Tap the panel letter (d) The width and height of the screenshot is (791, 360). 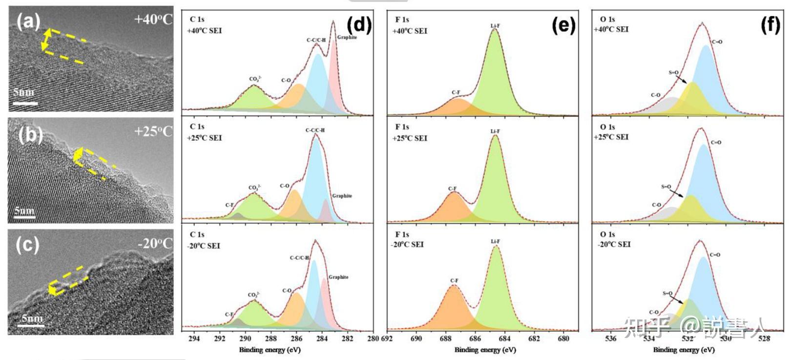(359, 24)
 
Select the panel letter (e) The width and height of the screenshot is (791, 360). (563, 25)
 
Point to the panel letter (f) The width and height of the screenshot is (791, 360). (770, 25)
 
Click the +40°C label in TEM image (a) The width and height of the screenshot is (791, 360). (153, 20)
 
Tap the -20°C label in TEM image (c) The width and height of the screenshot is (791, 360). (155, 243)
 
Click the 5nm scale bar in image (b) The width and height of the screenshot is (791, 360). (24, 215)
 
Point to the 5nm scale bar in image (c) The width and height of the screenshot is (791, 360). (32, 324)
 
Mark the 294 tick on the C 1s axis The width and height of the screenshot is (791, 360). (194, 339)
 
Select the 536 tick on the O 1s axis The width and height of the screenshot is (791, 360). (610, 339)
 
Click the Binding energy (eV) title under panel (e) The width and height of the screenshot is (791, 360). (485, 350)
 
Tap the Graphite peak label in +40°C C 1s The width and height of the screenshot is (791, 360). (347, 37)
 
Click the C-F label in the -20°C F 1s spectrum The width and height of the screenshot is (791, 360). (454, 280)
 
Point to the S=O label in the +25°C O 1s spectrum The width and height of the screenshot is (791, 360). (666, 187)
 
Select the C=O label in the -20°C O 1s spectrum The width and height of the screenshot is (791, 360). (715, 254)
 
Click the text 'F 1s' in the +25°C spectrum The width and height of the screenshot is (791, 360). (402, 127)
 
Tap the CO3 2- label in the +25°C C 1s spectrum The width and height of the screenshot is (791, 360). (254, 188)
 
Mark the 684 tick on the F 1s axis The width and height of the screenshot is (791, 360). (504, 339)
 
